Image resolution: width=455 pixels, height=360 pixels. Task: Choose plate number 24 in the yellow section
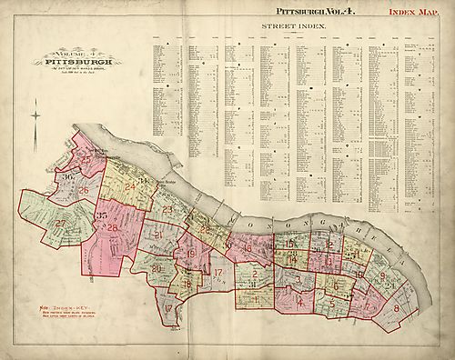(130, 187)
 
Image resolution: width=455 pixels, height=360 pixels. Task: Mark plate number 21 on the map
(157, 235)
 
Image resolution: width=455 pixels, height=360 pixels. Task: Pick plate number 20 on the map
(156, 269)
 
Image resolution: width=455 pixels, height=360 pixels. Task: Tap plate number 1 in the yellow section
(257, 299)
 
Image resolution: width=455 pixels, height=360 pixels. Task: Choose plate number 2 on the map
(257, 274)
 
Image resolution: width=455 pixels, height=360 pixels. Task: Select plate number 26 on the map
(83, 190)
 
